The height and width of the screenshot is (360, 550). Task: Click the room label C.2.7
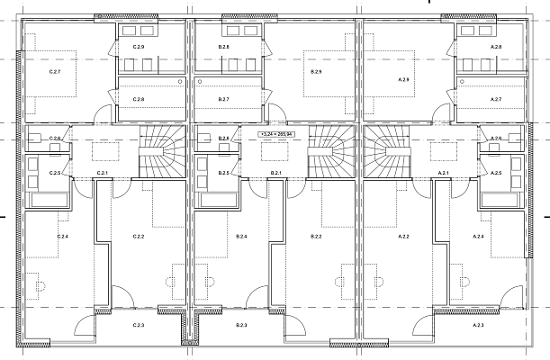[53, 68]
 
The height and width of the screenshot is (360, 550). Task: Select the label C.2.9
[138, 46]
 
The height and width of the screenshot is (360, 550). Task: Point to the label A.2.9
[403, 80]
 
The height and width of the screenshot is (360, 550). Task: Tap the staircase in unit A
[386, 152]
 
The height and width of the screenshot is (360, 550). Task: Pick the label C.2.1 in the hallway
[102, 172]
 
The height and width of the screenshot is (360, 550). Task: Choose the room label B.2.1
[276, 172]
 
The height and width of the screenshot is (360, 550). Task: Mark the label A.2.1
[444, 172]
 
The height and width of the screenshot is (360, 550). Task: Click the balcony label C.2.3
[139, 324]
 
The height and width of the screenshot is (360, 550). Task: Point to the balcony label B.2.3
[241, 324]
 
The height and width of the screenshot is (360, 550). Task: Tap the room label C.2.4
[63, 236]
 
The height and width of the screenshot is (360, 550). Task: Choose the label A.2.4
[479, 236]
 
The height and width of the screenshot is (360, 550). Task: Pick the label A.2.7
[495, 99]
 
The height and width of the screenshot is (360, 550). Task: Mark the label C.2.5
[55, 172]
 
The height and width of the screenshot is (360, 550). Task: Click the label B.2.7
[223, 99]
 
